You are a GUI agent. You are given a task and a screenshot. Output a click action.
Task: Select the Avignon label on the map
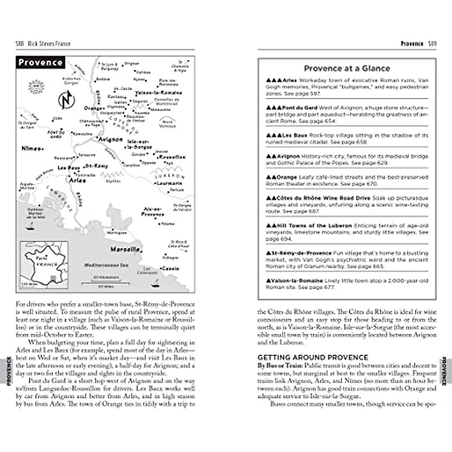coord(110,139)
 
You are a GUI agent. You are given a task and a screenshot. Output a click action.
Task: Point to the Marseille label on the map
coord(125,249)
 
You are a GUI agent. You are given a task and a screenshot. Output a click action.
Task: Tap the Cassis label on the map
coord(171,269)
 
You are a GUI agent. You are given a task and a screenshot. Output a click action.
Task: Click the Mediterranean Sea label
coord(106,265)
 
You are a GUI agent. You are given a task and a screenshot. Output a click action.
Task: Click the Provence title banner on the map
coord(40,63)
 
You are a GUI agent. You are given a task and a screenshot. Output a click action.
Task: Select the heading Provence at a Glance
coord(347,68)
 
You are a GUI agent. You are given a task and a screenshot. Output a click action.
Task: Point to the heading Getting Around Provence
coord(313,357)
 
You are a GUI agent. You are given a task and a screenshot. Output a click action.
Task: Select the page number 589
coord(432,44)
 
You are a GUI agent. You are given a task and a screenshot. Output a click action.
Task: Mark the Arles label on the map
coord(78,180)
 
